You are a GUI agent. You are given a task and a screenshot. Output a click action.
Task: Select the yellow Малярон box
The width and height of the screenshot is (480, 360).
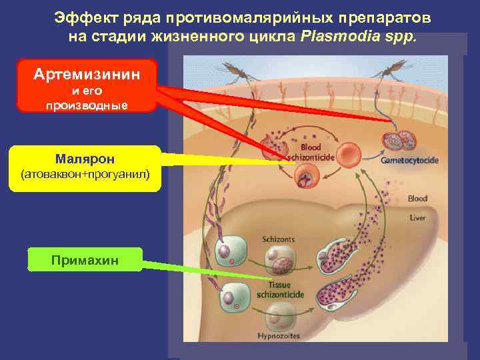pyautogui.click(x=85, y=168)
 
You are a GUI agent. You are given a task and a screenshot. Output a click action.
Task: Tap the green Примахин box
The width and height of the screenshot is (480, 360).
pyautogui.click(x=85, y=259)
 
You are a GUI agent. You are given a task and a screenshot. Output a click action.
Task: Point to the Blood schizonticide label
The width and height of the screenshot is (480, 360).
pyautogui.click(x=311, y=152)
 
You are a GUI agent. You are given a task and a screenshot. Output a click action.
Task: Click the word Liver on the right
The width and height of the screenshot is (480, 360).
pyautogui.click(x=417, y=217)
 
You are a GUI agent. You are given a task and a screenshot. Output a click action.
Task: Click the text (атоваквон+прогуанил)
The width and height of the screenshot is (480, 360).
pyautogui.click(x=85, y=175)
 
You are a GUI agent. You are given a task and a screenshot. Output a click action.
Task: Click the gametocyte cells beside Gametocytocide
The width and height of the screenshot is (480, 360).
pyautogui.click(x=398, y=141)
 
